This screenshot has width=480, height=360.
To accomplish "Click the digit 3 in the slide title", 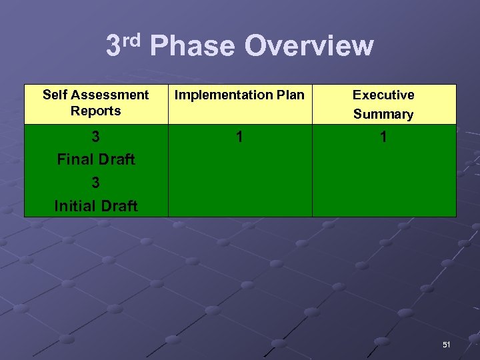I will tap(113, 47).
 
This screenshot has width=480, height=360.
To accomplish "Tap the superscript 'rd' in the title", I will tap(132, 40).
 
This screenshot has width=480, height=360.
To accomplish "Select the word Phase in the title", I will tap(192, 47).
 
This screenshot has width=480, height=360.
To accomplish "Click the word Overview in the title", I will tap(309, 47).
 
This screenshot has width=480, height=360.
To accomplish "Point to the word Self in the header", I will tap(55, 95).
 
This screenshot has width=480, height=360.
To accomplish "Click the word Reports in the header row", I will tap(96, 111).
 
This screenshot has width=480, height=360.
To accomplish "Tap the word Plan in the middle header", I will tap(289, 95).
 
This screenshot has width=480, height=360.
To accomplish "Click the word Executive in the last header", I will tap(383, 95).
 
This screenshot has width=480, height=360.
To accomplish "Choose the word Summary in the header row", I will tap(383, 114).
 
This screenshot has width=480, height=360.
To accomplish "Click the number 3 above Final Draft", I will tap(96, 137).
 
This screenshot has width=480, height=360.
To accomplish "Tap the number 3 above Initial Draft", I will tap(96, 183).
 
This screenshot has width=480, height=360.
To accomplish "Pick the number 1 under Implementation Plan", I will tap(240, 137).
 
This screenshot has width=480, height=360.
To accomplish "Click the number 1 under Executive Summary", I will tap(383, 137).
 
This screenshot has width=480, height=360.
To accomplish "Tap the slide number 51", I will tap(447, 345).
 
